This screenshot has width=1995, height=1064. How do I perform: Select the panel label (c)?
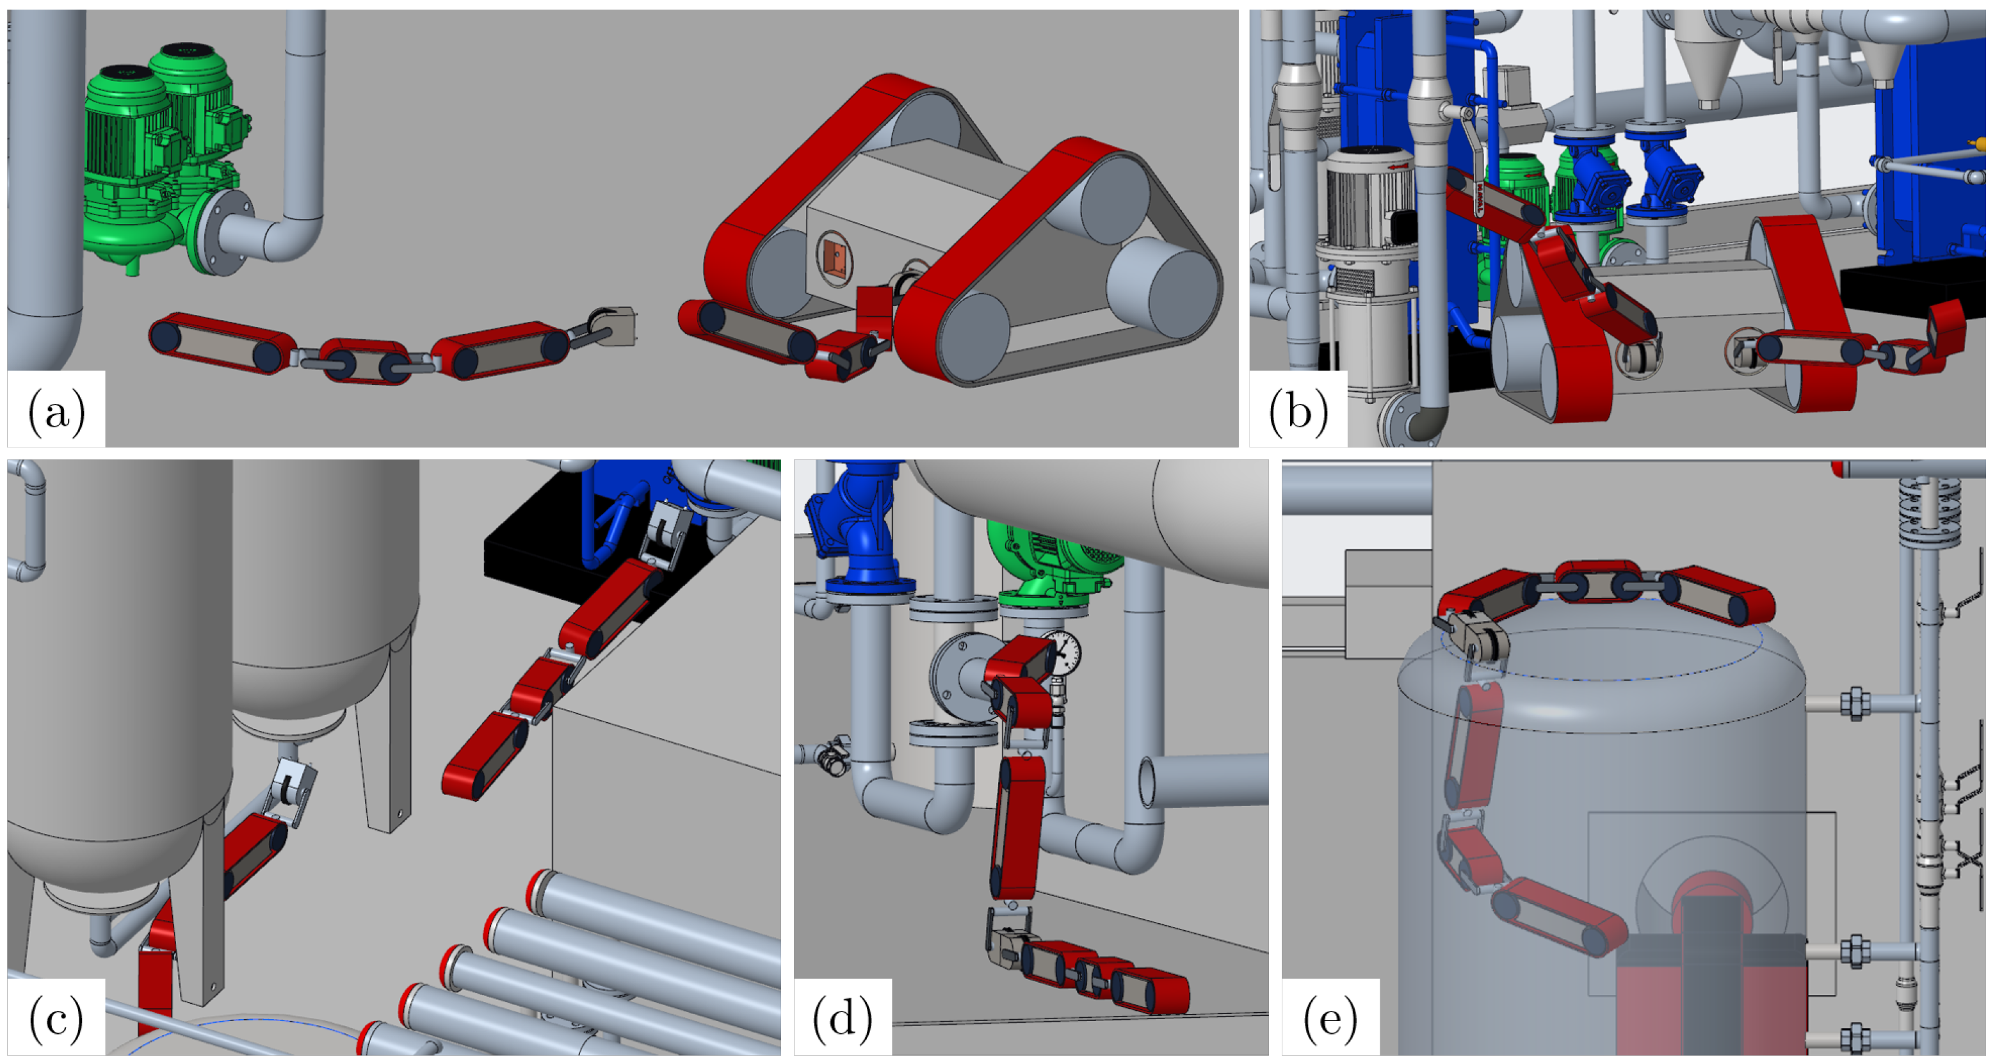pyautogui.click(x=56, y=1019)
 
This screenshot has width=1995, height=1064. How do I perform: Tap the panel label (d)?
pyautogui.click(x=843, y=1019)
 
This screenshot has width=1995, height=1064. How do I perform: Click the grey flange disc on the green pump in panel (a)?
pyautogui.click(x=224, y=232)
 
